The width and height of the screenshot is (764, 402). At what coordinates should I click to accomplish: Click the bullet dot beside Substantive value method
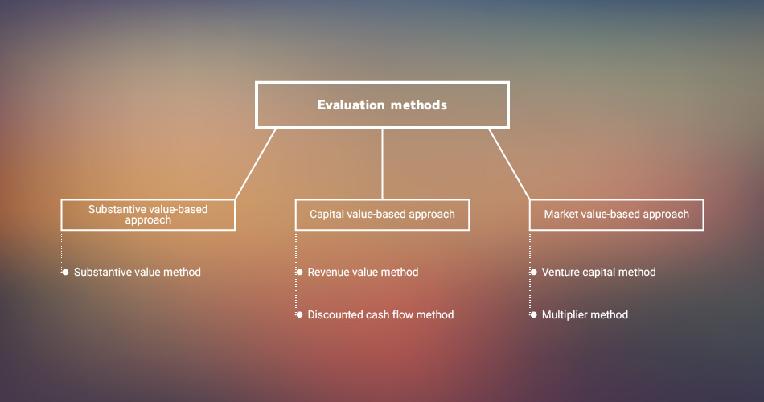(x=65, y=272)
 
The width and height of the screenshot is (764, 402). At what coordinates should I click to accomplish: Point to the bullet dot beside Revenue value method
(x=299, y=272)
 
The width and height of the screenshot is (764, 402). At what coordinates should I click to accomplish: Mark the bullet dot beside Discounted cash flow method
(x=299, y=314)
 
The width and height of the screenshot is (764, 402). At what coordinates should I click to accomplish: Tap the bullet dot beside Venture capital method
(x=533, y=272)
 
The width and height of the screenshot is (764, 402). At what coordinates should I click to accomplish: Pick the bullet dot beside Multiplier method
(x=533, y=314)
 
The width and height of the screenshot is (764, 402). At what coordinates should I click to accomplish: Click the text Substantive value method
(x=138, y=272)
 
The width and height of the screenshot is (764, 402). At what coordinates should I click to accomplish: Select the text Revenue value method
(x=363, y=272)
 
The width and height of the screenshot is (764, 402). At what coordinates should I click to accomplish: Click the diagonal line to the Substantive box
(x=255, y=164)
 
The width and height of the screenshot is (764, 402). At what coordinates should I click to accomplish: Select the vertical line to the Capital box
(x=383, y=164)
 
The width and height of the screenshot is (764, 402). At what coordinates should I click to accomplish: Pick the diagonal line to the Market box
(x=509, y=164)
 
